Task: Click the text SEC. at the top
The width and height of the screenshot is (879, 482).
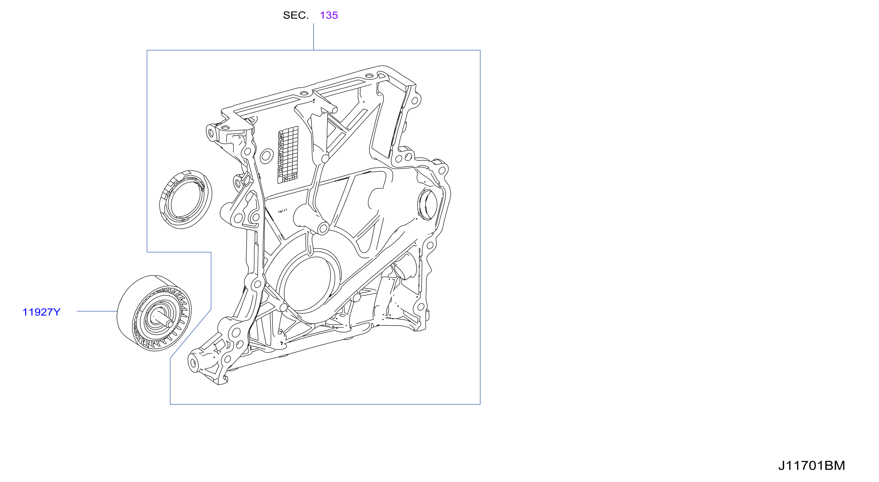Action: (296, 15)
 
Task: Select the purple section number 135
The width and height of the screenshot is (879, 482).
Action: (329, 15)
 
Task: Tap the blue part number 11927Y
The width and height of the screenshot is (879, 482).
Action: (41, 312)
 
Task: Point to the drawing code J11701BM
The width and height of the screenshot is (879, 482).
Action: (811, 466)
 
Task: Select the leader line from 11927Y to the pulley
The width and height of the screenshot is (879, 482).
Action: (97, 311)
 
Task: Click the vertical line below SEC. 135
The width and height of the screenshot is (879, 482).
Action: (313, 37)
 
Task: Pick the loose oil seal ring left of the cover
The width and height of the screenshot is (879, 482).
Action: (186, 199)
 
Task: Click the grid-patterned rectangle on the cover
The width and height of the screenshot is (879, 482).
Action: (288, 155)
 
